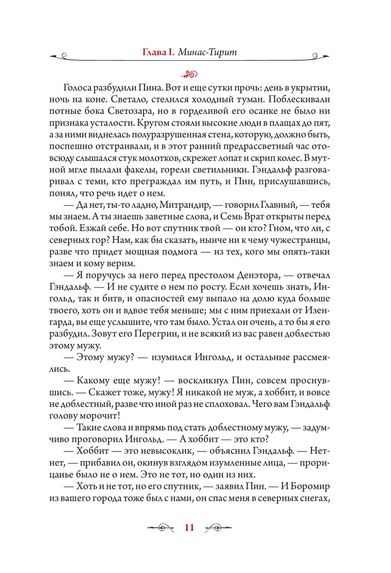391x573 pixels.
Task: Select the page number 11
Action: (190, 528)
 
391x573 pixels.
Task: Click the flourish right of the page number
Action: (219, 528)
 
